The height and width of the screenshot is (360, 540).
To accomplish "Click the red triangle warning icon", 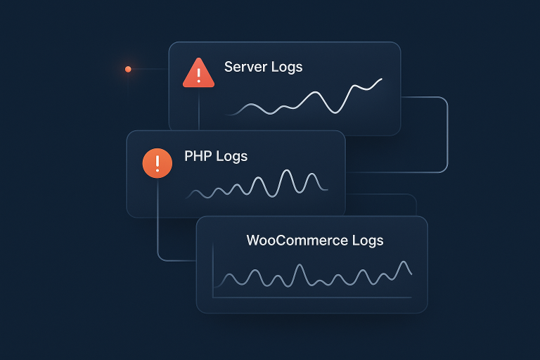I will (198, 74).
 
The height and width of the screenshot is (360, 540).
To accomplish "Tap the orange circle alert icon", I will (157, 163).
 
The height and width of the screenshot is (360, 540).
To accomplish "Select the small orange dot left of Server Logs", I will (128, 69).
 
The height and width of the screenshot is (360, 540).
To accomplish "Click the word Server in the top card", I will (245, 67).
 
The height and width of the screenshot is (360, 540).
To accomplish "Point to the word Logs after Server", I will (287, 67).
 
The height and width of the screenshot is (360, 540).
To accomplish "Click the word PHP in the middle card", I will (198, 156).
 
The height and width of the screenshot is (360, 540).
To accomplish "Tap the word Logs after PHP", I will (232, 156).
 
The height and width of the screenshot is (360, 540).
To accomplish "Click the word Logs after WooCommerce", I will (367, 240).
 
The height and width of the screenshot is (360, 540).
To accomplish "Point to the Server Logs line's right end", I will (382, 79).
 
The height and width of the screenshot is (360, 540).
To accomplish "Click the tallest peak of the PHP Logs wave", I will (286, 172).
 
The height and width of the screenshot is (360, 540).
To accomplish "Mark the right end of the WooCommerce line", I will (411, 274).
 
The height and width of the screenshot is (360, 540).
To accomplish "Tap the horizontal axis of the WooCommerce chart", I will (309, 298).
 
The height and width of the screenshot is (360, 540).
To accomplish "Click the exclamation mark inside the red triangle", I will (198, 75).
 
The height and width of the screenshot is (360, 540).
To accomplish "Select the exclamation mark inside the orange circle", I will (157, 163).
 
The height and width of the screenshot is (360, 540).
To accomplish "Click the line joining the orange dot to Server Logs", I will (149, 69).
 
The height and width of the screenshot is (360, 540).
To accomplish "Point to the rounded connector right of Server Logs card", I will (446, 134).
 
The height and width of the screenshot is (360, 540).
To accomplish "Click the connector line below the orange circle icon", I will (157, 225).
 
